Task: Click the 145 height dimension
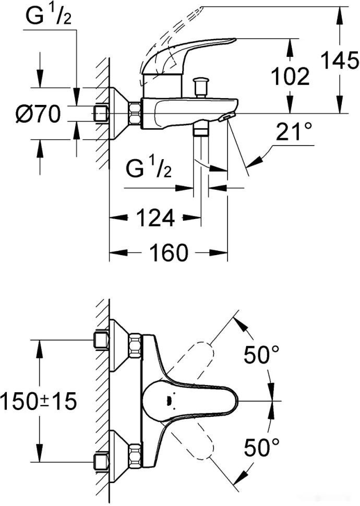click(339, 62)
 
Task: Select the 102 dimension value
click(290, 77)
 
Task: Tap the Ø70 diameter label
click(38, 113)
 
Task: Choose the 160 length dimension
click(168, 254)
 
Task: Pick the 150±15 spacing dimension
click(39, 401)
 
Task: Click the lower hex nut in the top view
click(135, 456)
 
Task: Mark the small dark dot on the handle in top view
click(168, 401)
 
